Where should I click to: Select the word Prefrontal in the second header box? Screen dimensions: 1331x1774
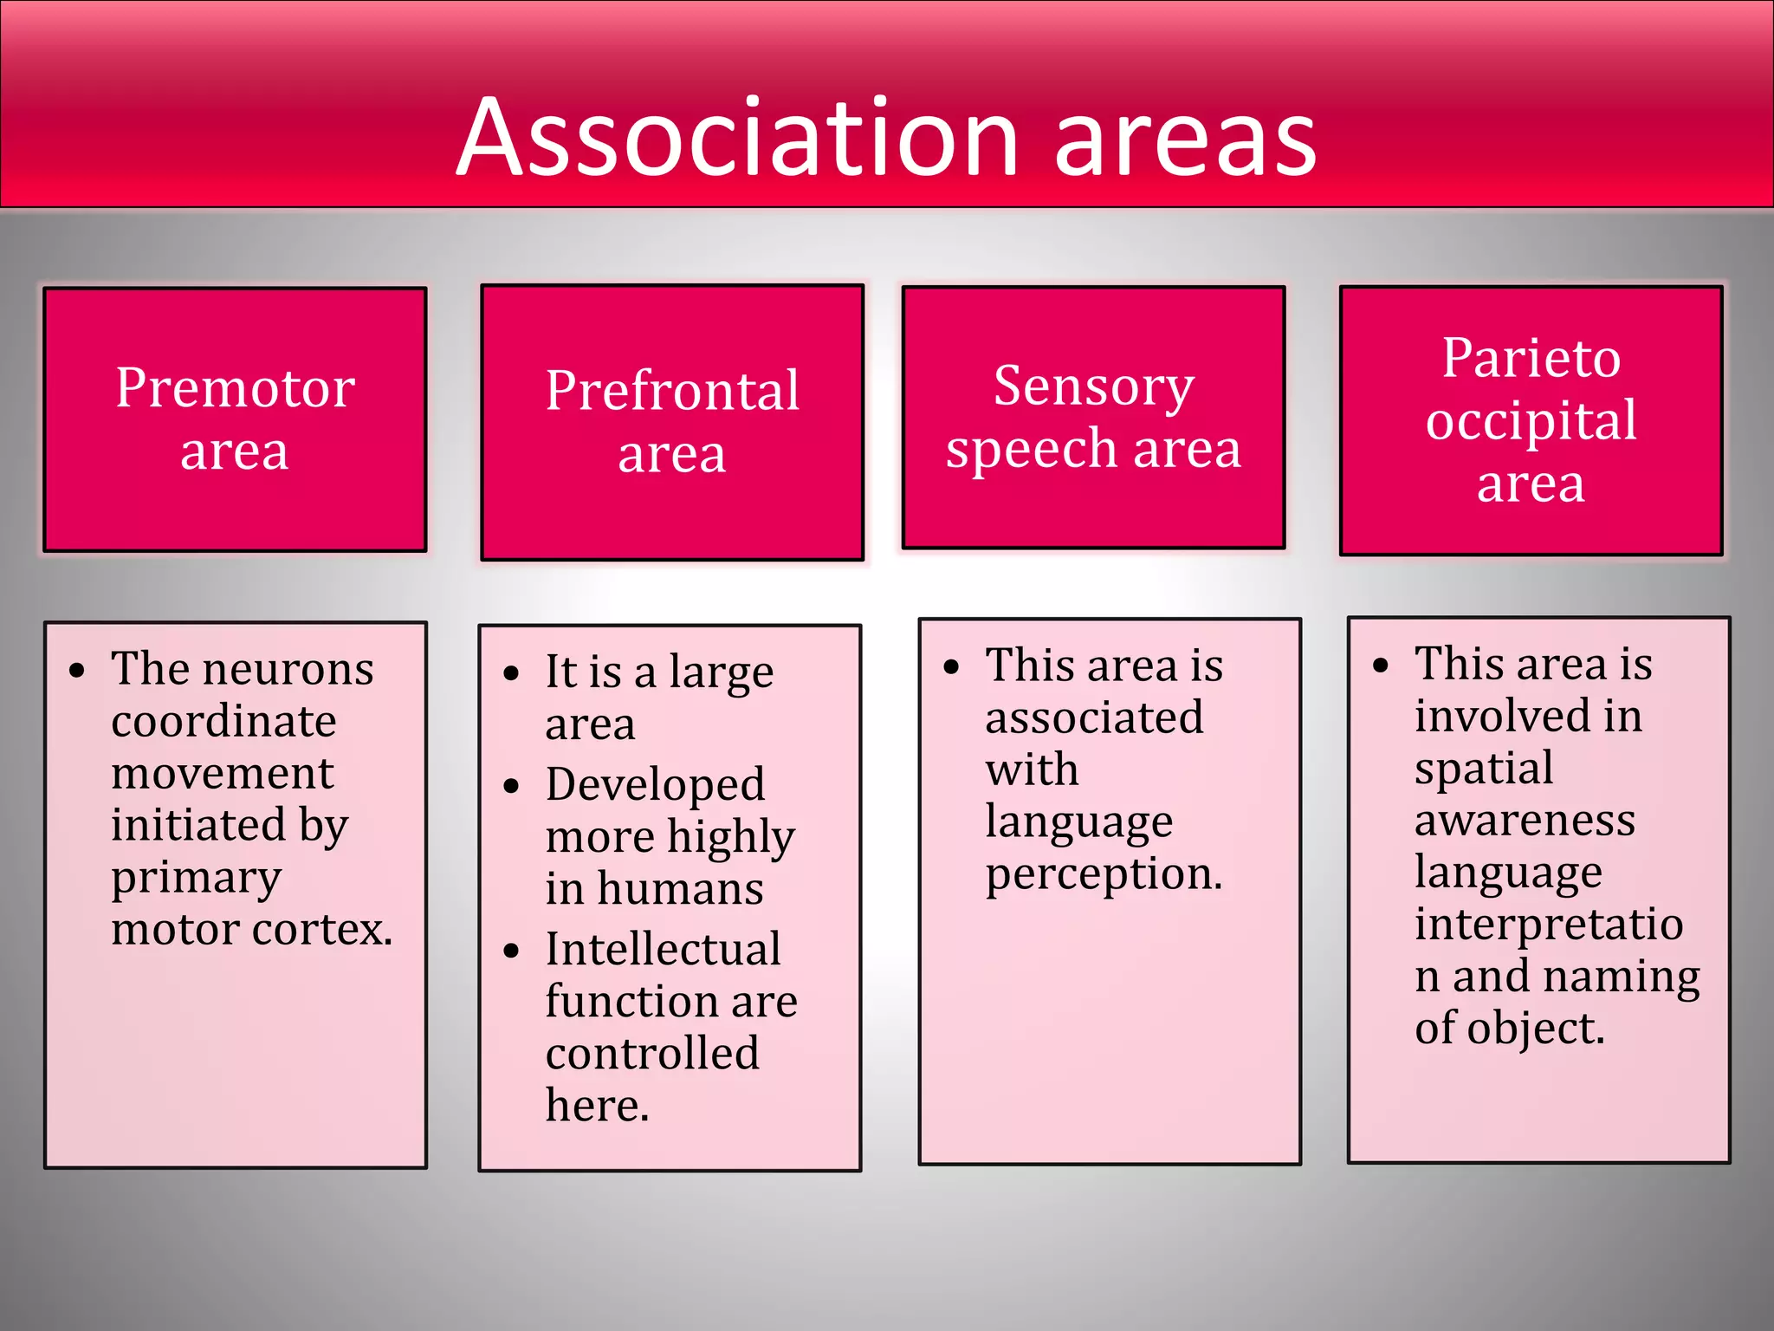[x=672, y=391]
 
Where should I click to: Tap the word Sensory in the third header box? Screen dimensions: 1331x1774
[x=1093, y=386]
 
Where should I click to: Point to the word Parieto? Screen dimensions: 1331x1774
[x=1531, y=358]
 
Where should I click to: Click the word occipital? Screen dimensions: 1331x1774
[x=1531, y=421]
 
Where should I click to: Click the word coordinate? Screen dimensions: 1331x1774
[x=223, y=721]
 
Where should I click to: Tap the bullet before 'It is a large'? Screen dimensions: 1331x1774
[x=511, y=673]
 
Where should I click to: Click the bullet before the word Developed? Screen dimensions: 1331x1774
[x=511, y=786]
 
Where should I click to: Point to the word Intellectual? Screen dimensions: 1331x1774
[x=663, y=949]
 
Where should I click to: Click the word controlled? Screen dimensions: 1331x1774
[x=652, y=1054]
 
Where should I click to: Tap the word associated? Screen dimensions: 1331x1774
[x=1094, y=718]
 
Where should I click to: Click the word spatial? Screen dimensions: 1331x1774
[x=1483, y=769]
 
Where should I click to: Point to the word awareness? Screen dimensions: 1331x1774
[x=1525, y=821]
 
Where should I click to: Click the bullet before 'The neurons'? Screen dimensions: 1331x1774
[x=78, y=671]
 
